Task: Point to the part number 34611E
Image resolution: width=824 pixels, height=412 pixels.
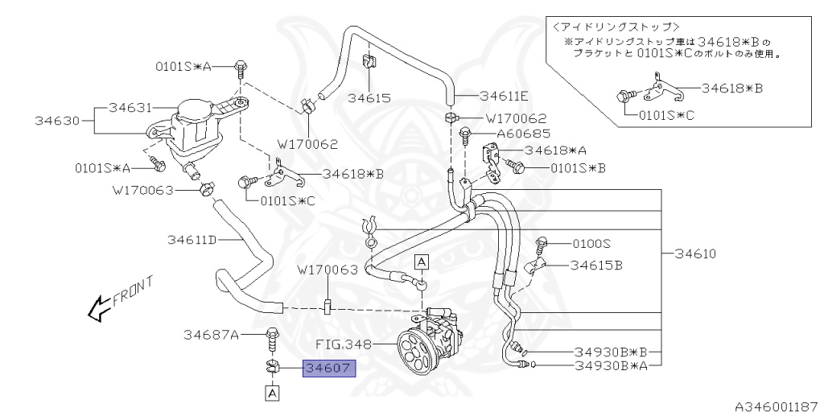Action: click(x=503, y=95)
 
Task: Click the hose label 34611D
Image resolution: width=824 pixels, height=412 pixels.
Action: click(x=192, y=239)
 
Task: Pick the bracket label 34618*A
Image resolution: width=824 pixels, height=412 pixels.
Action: click(x=556, y=150)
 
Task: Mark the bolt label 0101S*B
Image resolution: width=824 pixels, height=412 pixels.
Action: click(x=578, y=168)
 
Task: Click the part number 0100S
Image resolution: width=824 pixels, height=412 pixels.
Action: click(x=591, y=242)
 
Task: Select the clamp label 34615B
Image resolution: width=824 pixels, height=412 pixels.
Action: click(x=596, y=264)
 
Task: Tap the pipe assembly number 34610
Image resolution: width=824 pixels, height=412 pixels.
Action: click(x=695, y=253)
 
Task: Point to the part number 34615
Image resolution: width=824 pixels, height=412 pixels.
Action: click(x=369, y=98)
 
